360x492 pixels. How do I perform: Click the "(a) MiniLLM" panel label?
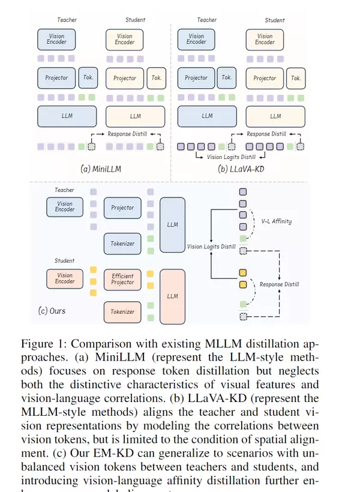[100, 169]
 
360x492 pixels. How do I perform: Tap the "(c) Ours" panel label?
[52, 311]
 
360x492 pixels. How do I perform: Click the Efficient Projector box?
[122, 279]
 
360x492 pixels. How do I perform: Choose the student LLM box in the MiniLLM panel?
[136, 116]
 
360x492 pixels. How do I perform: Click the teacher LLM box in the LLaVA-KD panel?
[207, 116]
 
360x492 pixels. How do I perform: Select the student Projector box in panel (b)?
[265, 78]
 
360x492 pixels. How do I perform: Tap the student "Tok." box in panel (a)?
[157, 78]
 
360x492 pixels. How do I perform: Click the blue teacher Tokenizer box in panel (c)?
[122, 244]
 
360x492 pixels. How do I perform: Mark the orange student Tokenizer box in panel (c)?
[122, 312]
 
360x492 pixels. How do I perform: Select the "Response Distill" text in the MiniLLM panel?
[127, 134]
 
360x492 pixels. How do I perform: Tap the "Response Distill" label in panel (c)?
[280, 284]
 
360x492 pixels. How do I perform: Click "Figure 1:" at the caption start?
[41, 344]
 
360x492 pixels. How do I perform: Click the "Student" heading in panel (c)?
[64, 260]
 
